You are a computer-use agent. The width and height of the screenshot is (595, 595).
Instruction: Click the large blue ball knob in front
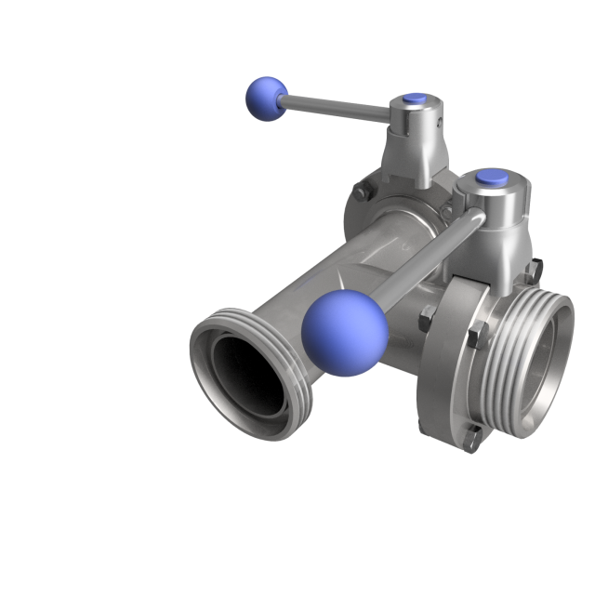(x=343, y=332)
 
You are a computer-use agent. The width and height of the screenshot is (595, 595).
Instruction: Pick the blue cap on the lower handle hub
(x=487, y=177)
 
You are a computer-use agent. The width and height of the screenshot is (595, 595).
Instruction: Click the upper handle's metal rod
(x=335, y=106)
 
